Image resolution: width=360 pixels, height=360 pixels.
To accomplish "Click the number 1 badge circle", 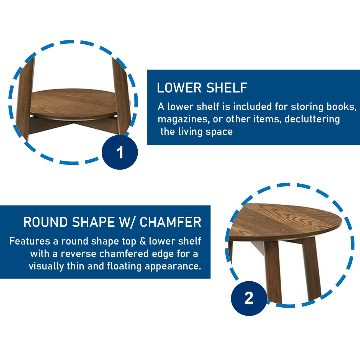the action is point(120,152).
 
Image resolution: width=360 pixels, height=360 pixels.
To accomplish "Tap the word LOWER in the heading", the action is point(179,88).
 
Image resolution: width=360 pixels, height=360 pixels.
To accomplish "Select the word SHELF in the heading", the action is point(227,88).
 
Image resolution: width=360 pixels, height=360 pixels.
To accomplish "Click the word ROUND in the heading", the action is point(45,222).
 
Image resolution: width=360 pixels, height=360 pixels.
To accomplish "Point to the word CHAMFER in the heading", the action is point(170,222).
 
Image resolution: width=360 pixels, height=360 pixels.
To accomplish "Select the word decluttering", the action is point(312,119).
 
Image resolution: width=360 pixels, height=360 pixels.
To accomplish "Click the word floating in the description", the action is point(124,266).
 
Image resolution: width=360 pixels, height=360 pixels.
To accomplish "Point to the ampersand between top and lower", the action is point(143,241).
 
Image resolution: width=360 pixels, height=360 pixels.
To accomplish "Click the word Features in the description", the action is point(30,241).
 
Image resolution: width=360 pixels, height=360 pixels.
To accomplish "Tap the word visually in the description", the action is point(46,266).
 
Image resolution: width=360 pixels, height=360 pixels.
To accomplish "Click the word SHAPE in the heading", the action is point(93,222).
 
